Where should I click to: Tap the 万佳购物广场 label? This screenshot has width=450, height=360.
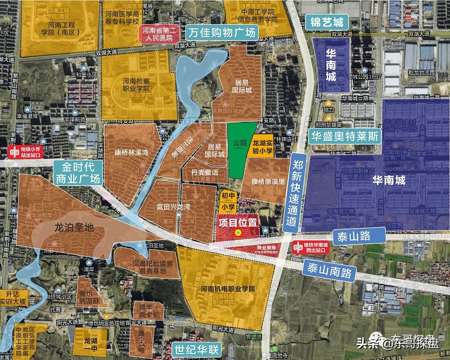[x=223, y=34]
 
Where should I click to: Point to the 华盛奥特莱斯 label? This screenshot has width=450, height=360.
[x=345, y=136]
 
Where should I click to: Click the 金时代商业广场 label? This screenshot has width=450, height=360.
[x=78, y=171]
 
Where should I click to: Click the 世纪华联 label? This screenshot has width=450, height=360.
[x=197, y=349]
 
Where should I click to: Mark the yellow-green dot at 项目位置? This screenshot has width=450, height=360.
[x=238, y=233]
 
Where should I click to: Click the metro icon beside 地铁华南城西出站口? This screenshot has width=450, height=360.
[x=297, y=248]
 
